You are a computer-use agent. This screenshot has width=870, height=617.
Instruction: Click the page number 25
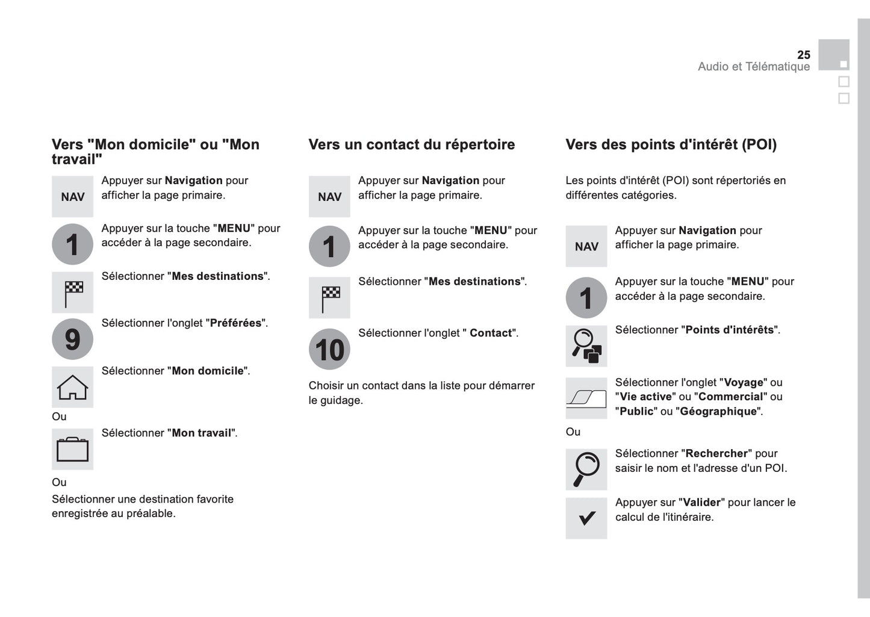[803, 55]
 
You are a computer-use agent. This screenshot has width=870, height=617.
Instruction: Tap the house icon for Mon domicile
[72, 387]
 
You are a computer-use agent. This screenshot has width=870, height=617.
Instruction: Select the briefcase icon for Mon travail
[72, 449]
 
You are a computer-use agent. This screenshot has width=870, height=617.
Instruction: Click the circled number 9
[72, 339]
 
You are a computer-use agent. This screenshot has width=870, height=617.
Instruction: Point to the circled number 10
[329, 349]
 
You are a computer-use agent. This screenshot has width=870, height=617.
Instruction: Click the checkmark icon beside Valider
[586, 518]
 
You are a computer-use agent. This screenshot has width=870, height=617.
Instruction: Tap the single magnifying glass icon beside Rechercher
[586, 469]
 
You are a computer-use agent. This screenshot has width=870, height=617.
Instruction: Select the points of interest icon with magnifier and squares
[586, 346]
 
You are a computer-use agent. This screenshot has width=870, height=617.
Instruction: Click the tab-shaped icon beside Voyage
[586, 398]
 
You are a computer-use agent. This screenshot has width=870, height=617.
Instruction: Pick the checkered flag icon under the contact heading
[329, 297]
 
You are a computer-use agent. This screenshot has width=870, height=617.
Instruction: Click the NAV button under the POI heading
[586, 246]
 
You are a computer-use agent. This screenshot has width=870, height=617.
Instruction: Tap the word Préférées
[235, 323]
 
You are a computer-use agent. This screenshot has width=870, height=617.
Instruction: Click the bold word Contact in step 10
[491, 333]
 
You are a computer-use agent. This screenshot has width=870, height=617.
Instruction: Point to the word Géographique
[718, 412]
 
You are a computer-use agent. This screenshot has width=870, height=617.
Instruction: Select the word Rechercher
[716, 454]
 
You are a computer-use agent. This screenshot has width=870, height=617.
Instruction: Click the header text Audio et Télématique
[754, 67]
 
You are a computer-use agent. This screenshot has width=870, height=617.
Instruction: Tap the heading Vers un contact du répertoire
[412, 144]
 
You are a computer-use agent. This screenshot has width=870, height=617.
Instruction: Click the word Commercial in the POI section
[730, 397]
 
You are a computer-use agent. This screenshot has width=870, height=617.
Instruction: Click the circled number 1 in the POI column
[586, 297]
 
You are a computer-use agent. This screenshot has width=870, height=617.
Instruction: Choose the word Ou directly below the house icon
[59, 417]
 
